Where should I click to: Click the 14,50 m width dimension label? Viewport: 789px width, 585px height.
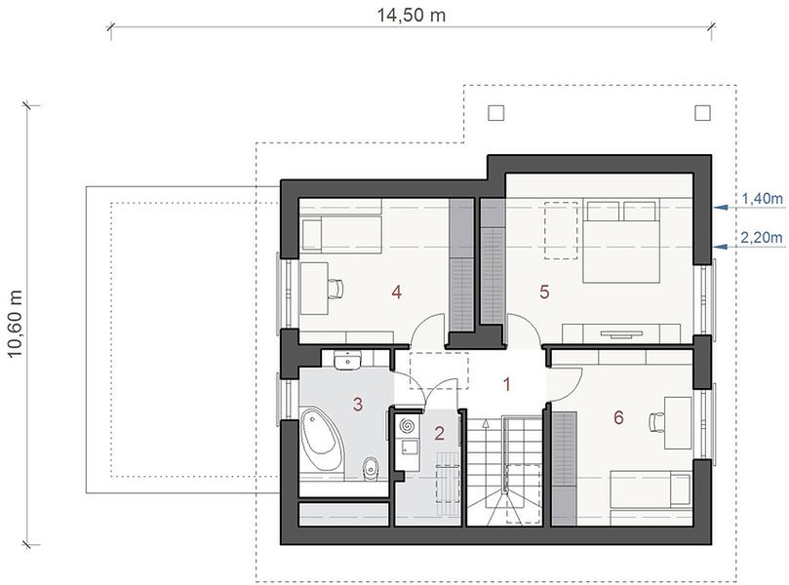click(x=412, y=16)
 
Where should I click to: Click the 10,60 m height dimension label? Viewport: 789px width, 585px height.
click(x=15, y=324)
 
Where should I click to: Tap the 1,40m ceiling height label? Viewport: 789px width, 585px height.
click(x=763, y=199)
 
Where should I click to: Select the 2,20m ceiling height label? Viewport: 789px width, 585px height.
click(x=762, y=237)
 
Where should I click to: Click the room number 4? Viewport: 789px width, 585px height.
click(x=397, y=292)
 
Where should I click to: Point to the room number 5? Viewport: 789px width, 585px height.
click(x=544, y=292)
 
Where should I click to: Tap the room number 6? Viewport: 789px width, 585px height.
click(x=618, y=417)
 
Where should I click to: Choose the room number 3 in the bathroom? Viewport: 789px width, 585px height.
click(x=358, y=404)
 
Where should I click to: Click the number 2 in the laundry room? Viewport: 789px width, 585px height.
click(x=439, y=433)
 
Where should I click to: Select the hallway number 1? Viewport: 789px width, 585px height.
click(x=507, y=384)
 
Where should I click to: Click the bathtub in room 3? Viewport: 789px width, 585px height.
click(x=321, y=439)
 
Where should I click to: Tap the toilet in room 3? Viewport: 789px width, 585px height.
click(x=371, y=468)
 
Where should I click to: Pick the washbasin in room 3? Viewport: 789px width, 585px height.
click(x=347, y=361)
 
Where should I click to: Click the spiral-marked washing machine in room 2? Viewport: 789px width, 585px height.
click(x=407, y=426)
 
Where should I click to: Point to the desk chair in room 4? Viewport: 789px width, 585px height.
click(x=335, y=289)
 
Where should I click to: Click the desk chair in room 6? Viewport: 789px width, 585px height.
click(x=656, y=421)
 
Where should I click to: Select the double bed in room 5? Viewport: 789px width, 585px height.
click(x=621, y=241)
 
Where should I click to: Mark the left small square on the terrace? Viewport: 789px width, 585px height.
click(x=496, y=113)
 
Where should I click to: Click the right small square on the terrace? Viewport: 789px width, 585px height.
click(x=702, y=113)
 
